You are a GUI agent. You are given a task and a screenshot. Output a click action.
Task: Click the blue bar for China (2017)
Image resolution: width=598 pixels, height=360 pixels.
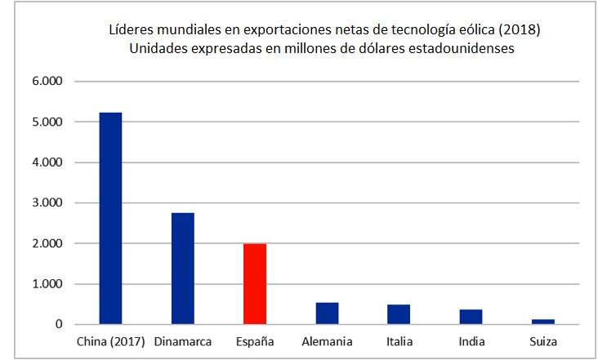coord(110,218)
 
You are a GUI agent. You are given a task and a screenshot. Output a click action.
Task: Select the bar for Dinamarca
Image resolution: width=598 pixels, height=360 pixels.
coord(182,269)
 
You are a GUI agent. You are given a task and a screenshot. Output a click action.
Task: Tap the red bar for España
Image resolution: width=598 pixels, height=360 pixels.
coord(255,284)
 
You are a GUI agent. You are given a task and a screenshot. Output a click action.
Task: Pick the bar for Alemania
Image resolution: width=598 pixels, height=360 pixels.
coord(327,313)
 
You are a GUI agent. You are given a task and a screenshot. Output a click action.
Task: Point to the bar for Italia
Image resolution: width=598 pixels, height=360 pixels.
coord(399,314)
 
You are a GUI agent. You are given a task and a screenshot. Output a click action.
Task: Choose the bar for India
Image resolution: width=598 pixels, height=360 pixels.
coord(471,317)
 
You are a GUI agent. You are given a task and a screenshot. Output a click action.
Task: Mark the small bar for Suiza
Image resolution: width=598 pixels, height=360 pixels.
coord(543,322)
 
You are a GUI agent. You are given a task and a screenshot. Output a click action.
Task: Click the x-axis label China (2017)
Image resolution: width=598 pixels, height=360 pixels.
coord(110,340)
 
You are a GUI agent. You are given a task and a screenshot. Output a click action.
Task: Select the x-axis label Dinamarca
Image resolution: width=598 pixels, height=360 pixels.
coord(182,340)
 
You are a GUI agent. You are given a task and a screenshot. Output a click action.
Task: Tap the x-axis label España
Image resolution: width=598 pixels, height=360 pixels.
coord(255,340)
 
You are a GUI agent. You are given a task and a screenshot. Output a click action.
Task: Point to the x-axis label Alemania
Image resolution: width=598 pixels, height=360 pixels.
coord(327,340)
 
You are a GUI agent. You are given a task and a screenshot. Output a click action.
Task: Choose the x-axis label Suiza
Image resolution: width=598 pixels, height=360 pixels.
coord(543,340)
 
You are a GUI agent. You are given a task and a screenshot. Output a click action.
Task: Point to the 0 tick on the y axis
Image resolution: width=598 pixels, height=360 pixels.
coord(59,325)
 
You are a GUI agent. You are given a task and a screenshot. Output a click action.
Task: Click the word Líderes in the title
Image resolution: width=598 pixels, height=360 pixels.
coord(131,30)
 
